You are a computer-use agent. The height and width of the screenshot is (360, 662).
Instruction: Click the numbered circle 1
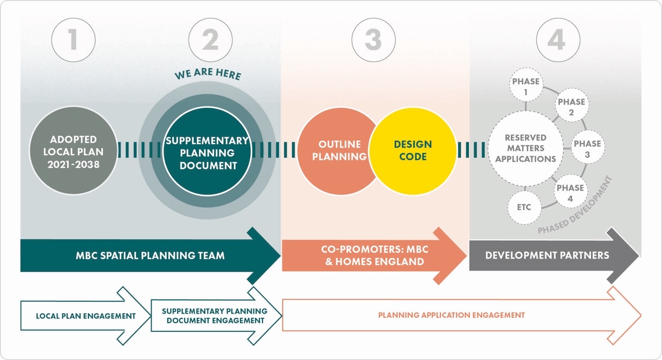tap(73, 40)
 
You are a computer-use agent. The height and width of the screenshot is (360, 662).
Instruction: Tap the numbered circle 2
tap(210, 40)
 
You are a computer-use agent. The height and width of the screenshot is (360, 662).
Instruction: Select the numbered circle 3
tap(374, 40)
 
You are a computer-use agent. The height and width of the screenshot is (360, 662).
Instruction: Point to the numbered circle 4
tap(558, 40)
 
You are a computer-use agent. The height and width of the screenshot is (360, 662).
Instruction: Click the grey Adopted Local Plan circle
tap(73, 151)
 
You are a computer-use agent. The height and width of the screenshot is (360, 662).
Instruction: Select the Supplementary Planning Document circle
tap(207, 152)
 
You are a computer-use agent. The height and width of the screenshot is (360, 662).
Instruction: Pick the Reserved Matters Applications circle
tap(525, 148)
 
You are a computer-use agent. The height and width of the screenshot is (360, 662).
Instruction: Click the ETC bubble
tap(524, 208)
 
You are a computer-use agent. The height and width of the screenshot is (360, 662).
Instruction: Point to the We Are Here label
tap(208, 74)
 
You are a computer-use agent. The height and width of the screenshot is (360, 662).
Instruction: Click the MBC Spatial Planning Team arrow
tap(150, 256)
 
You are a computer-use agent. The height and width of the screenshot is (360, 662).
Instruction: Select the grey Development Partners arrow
tap(547, 256)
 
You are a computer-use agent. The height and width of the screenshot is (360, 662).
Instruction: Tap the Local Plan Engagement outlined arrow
tap(86, 316)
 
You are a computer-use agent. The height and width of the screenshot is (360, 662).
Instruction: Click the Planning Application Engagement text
tap(451, 315)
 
